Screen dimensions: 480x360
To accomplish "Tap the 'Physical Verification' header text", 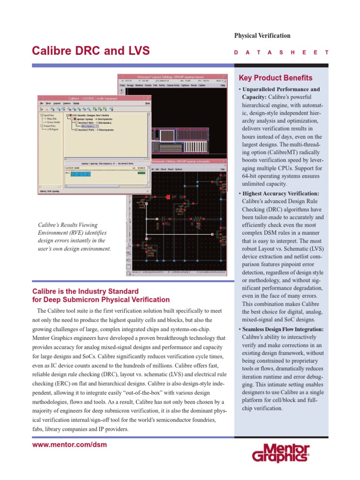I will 262,36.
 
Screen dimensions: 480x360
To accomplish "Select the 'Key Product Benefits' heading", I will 269,78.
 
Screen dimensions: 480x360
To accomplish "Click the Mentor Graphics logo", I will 280,453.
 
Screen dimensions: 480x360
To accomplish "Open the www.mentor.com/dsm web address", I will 69,444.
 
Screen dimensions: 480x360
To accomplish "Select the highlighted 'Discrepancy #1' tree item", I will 90,126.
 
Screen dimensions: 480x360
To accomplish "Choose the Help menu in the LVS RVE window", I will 147,103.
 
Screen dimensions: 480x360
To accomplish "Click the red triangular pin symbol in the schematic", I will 167,198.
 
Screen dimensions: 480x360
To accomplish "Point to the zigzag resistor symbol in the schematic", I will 197,219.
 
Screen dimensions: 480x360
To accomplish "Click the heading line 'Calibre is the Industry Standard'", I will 85,291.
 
